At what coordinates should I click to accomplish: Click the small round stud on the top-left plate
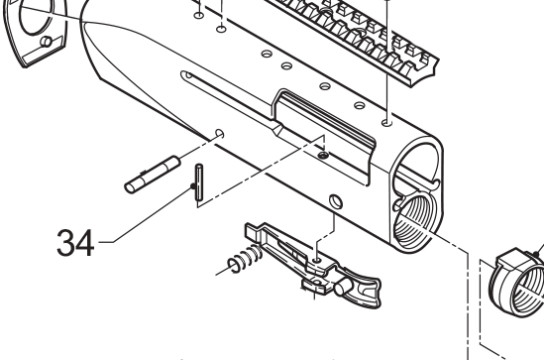[45, 41]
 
